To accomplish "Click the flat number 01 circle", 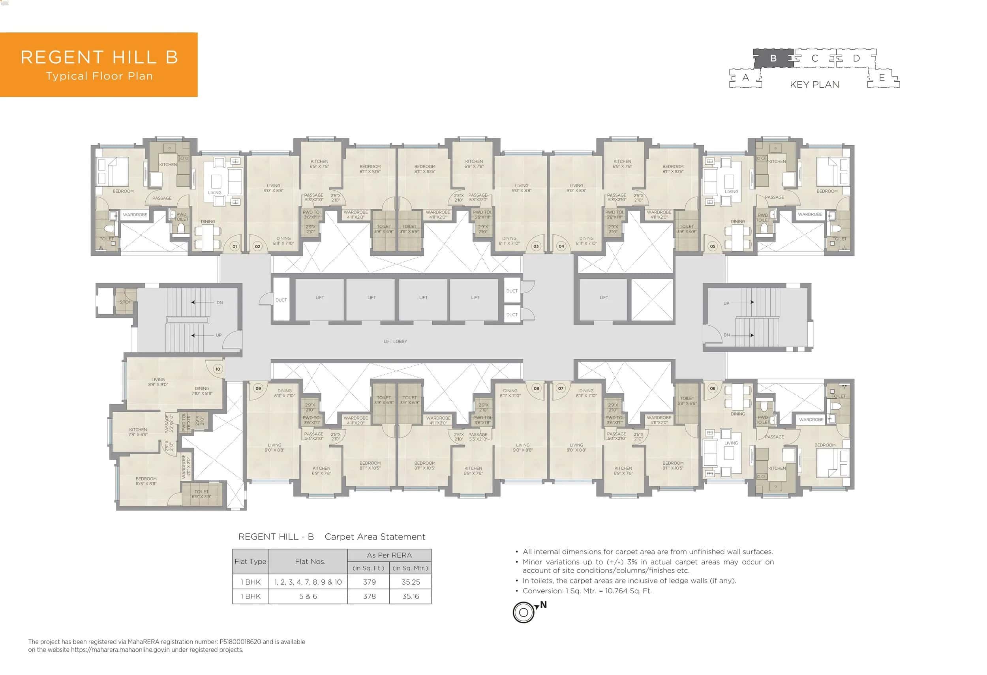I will coord(235,246).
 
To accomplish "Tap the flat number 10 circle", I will coord(218,369).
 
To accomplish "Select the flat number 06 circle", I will coord(712,388).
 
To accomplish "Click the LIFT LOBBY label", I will coord(395,341).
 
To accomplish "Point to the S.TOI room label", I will coord(124,302).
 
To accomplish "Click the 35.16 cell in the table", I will coord(410,596).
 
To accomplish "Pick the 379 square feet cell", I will coord(369,582).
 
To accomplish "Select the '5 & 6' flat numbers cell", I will coord(308,596).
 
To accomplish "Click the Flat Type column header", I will coord(250,561).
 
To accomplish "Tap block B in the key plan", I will coord(773,58).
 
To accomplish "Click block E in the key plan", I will coord(882,78).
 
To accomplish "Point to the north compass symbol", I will coord(524,612).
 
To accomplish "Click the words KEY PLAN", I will coord(814,84).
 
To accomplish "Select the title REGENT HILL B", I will coord(99,57).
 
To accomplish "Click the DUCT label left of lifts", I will coord(281,300).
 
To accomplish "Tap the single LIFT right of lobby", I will coord(604,298).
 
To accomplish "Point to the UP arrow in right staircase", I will coord(742,302).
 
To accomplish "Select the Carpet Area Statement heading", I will coord(375,536).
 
